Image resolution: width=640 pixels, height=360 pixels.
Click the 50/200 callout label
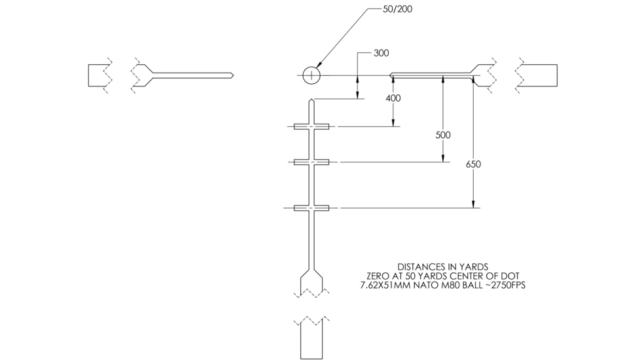coord(397,9)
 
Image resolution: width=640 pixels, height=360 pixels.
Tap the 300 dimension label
coord(382,53)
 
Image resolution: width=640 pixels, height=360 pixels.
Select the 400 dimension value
coord(393,98)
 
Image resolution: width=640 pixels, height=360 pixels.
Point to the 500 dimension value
coord(443,135)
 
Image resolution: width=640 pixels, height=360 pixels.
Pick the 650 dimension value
coord(474,164)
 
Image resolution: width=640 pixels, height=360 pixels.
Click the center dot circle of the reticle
coord(311,75)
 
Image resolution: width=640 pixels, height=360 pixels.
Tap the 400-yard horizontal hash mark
coord(311,127)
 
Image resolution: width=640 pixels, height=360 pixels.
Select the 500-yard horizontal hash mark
coord(311,162)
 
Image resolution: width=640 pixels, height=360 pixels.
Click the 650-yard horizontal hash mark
coord(311,208)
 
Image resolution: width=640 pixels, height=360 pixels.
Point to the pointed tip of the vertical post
coord(311,99)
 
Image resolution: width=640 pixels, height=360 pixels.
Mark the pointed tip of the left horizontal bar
coord(233,75)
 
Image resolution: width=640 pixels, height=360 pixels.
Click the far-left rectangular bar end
coord(98,75)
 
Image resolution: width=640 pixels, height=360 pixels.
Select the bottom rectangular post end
coord(311,340)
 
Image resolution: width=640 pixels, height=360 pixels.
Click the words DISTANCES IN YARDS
coord(443,267)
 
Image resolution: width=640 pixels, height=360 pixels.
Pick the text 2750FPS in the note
coord(508,285)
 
